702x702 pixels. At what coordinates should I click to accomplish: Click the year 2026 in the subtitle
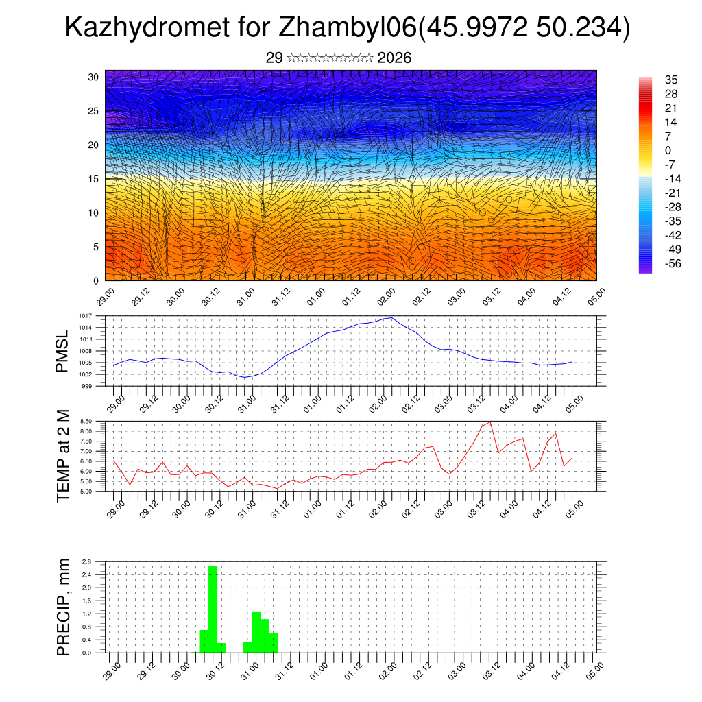(x=394, y=58)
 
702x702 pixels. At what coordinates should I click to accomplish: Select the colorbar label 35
(x=671, y=80)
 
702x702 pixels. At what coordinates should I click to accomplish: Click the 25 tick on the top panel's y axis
(x=94, y=111)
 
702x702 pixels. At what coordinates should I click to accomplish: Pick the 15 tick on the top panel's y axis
(x=94, y=179)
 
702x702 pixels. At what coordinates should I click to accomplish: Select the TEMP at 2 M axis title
(x=63, y=456)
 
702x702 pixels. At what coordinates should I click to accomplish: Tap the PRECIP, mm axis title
(x=63, y=607)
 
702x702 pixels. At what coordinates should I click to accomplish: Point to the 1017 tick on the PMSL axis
(x=85, y=316)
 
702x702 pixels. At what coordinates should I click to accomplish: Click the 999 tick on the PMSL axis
(x=87, y=386)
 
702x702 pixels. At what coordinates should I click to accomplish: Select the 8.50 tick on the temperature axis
(x=85, y=421)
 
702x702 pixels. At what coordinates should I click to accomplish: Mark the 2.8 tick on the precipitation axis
(x=86, y=561)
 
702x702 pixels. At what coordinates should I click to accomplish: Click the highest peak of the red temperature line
(x=489, y=422)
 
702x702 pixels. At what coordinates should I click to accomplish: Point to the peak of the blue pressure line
(x=390, y=317)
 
